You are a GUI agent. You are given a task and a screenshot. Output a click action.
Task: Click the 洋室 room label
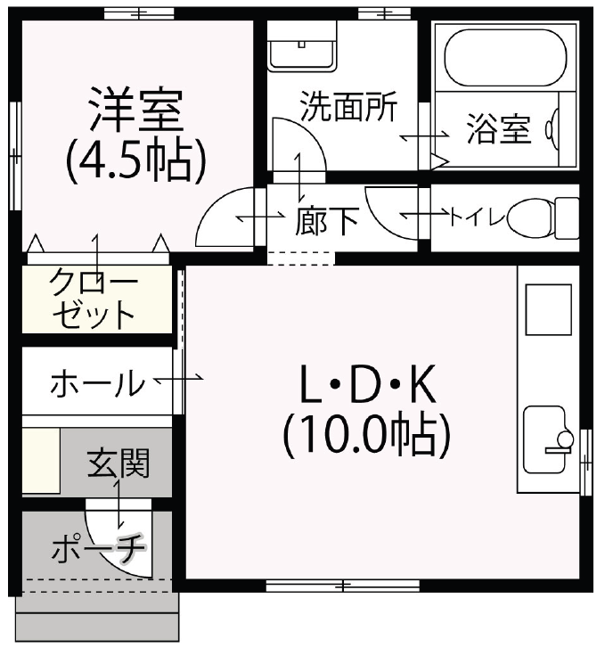(135, 110)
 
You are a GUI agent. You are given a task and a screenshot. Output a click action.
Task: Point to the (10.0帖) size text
(365, 436)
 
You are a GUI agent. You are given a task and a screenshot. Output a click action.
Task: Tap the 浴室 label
(499, 131)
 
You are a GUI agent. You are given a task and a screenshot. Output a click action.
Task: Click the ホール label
(97, 384)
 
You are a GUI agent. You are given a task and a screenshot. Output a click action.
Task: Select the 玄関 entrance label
(119, 463)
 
